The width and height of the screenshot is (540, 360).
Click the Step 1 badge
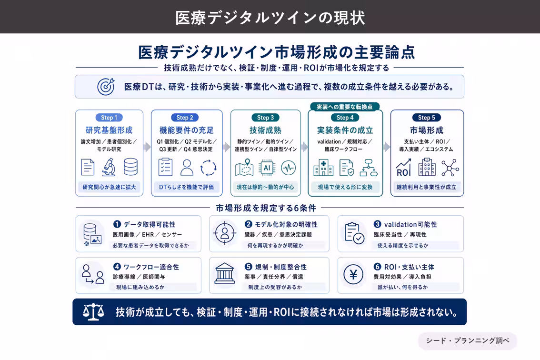pyautogui.click(x=109, y=118)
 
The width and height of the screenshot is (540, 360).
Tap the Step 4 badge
pyautogui.click(x=345, y=118)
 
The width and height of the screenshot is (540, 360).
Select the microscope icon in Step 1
pyautogui.click(x=109, y=167)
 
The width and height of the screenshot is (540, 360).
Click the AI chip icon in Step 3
pyautogui.click(x=267, y=168)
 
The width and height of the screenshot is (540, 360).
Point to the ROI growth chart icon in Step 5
pyautogui.click(x=404, y=168)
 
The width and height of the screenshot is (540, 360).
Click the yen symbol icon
pyautogui.click(x=353, y=275)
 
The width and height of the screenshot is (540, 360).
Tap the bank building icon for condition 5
pyautogui.click(x=225, y=273)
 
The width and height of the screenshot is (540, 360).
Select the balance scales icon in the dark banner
pyautogui.click(x=93, y=312)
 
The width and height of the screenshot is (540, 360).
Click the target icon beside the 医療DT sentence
pyautogui.click(x=106, y=87)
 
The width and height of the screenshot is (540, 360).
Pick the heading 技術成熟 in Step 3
pyautogui.click(x=266, y=130)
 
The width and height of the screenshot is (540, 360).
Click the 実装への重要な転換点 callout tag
pyautogui.click(x=345, y=107)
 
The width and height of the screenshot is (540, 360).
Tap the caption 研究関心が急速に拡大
pyautogui.click(x=109, y=187)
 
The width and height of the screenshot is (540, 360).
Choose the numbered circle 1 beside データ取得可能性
pyautogui.click(x=117, y=224)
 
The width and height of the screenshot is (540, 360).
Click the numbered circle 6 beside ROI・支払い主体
pyautogui.click(x=378, y=267)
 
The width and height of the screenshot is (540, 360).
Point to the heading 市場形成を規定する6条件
pyautogui.click(x=266, y=208)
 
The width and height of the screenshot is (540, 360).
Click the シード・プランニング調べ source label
pyautogui.click(x=467, y=340)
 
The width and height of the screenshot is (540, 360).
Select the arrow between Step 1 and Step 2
pyautogui.click(x=148, y=147)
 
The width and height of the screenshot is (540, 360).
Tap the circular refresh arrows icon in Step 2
pyautogui.click(x=209, y=168)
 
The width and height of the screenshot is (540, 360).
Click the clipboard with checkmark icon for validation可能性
pyautogui.click(x=354, y=233)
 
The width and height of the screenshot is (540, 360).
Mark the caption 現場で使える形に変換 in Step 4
pyautogui.click(x=345, y=187)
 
